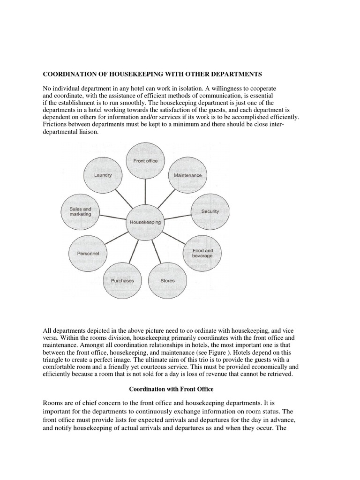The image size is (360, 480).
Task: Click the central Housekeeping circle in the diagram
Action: (145, 222)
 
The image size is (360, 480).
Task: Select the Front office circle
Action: (145, 161)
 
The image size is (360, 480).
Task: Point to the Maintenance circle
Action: (187, 175)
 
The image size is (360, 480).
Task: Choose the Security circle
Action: (210, 211)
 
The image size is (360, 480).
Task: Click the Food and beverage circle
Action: (202, 253)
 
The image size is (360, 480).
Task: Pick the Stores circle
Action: (167, 281)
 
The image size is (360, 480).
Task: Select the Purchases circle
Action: (122, 281)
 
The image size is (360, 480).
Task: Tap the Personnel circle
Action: (88, 253)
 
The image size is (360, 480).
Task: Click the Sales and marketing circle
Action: (80, 212)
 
